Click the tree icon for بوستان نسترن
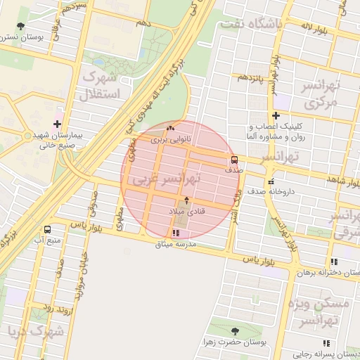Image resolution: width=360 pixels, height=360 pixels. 20,27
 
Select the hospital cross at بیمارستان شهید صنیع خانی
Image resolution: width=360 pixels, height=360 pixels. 57,114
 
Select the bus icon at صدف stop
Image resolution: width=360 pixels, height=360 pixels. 234,160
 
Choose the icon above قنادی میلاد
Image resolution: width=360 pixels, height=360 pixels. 186,200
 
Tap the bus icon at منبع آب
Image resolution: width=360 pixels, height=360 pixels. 47,229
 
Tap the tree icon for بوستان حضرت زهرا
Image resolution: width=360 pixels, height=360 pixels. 235,331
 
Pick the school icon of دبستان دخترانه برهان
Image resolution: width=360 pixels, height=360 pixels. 334,261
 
